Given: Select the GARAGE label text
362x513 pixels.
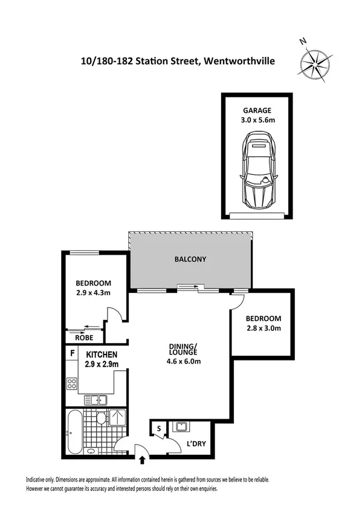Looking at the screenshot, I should [x=257, y=111].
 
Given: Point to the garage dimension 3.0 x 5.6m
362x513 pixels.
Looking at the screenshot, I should [x=257, y=120].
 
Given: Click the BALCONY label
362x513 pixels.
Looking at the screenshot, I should [x=190, y=259].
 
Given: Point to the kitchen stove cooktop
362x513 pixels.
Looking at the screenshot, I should [x=73, y=382].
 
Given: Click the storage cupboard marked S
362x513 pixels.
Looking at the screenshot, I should [x=159, y=429].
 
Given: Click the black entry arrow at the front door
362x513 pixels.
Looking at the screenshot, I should [x=143, y=461].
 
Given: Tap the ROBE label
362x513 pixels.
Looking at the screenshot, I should [x=76, y=339].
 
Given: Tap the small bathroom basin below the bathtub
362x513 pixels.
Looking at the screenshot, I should [x=90, y=453].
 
